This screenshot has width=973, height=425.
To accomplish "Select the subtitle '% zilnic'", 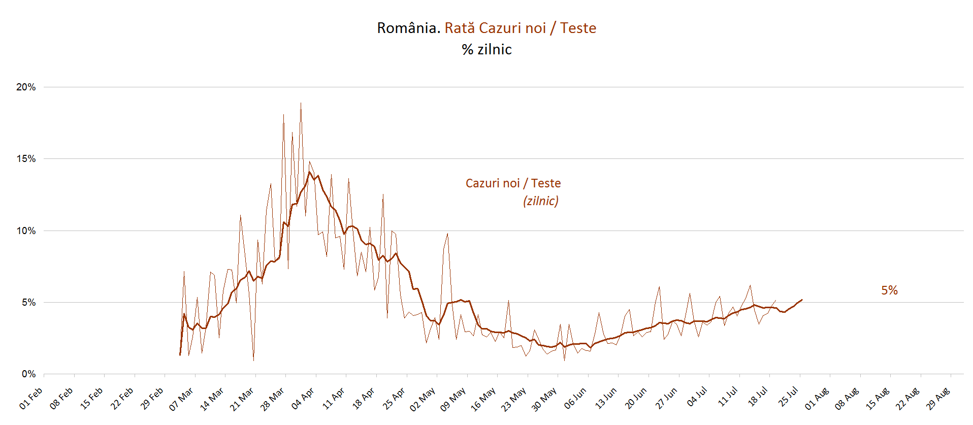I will pyautogui.click(x=487, y=49).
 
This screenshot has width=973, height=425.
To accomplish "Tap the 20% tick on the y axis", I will pyautogui.click(x=26, y=87).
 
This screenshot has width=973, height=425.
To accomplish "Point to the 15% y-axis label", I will pyautogui.click(x=26, y=158).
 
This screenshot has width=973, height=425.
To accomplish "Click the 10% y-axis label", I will pyautogui.click(x=26, y=231).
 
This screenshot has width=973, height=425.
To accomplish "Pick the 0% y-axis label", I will pyautogui.click(x=28, y=374).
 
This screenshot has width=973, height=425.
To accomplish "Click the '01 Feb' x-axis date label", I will pyautogui.click(x=31, y=398).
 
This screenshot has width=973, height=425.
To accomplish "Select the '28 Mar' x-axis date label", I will pyautogui.click(x=272, y=399).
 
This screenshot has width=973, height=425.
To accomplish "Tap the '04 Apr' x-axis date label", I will pyautogui.click(x=303, y=399).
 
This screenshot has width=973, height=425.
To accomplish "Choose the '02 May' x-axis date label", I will pyautogui.click(x=423, y=399).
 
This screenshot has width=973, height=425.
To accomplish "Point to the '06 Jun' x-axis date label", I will pyautogui.click(x=575, y=398).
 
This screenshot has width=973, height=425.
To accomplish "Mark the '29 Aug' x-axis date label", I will pyautogui.click(x=937, y=399).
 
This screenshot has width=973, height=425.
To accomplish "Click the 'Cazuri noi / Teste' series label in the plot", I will pyautogui.click(x=513, y=183).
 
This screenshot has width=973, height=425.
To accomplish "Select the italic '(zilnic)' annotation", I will pyautogui.click(x=541, y=201).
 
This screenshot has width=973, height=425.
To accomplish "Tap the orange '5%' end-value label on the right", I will pyautogui.click(x=889, y=290).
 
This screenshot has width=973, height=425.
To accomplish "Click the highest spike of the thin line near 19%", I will pyautogui.click(x=301, y=103).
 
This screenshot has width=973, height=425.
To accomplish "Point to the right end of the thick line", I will pyautogui.click(x=801, y=300).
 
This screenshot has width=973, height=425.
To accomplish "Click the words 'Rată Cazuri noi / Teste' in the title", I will pyautogui.click(x=521, y=28).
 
